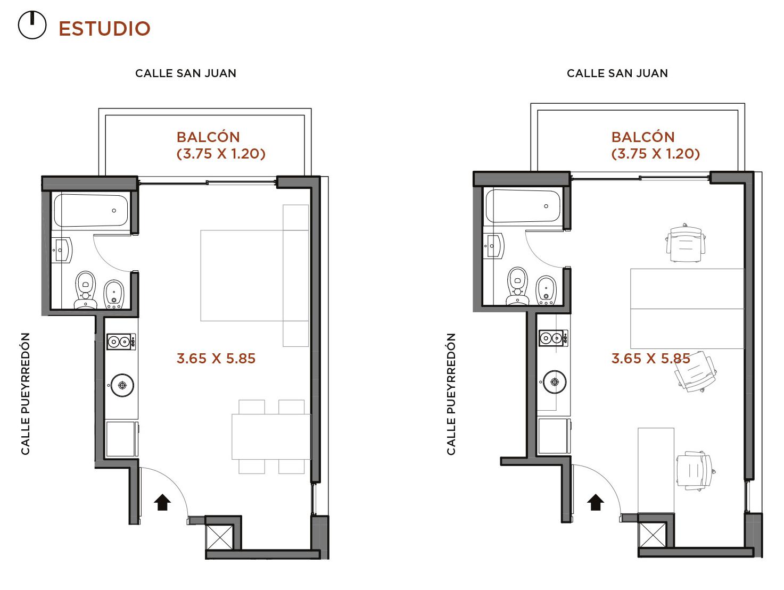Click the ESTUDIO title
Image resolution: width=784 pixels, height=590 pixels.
(104, 29)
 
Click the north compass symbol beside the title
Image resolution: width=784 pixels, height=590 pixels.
(32, 25)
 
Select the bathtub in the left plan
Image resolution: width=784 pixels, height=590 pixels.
(90, 210)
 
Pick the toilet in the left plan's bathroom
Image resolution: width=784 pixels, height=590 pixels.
(86, 289)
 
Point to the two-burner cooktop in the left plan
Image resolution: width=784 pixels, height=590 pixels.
(121, 342)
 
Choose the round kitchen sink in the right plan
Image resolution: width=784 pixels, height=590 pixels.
(555, 381)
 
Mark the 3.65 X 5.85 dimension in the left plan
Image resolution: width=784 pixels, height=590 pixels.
(216, 359)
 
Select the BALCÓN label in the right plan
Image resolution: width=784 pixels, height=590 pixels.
(643, 137)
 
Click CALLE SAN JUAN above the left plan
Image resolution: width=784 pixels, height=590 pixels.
(186, 73)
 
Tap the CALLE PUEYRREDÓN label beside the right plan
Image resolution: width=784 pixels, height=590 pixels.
(451, 394)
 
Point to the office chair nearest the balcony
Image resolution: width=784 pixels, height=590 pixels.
(686, 243)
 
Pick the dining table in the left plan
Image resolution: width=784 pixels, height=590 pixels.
(271, 437)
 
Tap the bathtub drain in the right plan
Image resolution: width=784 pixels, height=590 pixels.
(546, 206)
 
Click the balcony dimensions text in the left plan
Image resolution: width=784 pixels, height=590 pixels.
(221, 154)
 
